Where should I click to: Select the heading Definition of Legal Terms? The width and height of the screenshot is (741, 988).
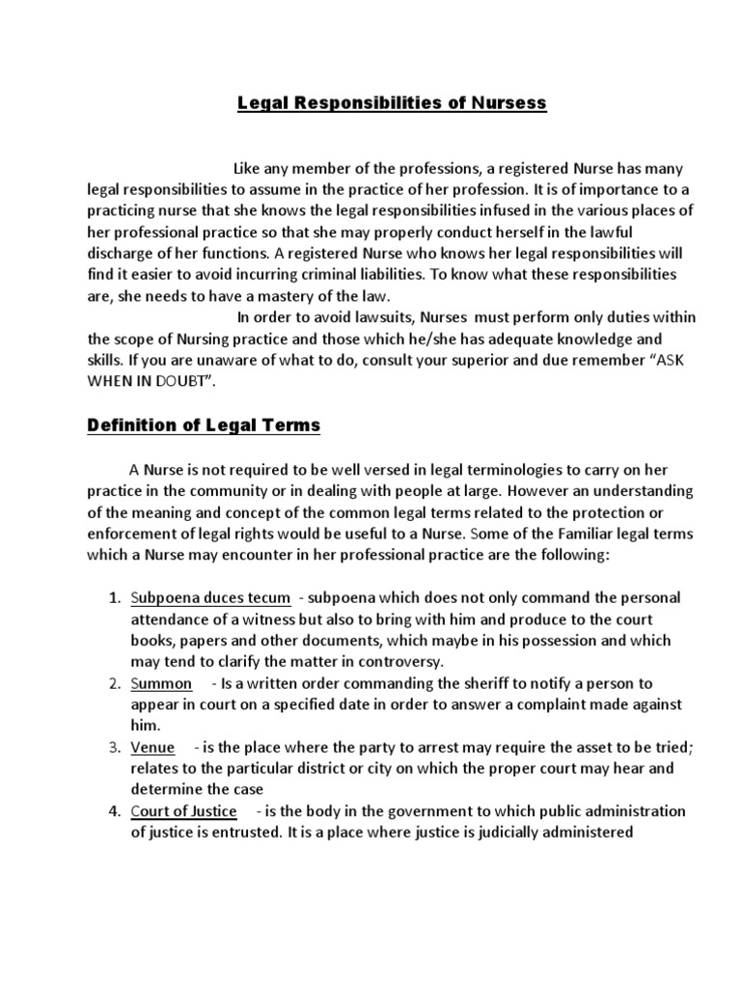pos(204,425)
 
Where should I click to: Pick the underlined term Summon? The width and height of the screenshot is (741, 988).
pos(161,683)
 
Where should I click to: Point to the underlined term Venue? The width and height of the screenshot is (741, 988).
pos(154,747)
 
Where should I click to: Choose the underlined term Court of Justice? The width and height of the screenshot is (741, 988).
pos(184,810)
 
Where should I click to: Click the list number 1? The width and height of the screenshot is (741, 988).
pos(112,598)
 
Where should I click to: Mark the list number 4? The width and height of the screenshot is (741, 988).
pos(112,810)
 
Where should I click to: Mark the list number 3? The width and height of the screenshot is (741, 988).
pos(112,747)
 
